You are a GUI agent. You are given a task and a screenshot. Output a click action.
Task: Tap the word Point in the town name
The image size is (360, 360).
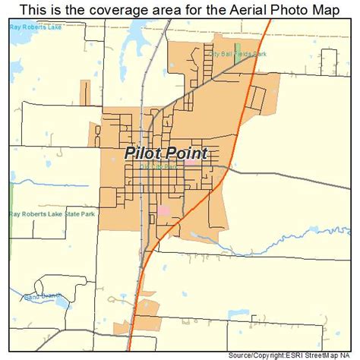click(186, 153)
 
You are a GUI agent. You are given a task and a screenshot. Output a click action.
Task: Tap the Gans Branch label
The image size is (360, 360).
click(41, 297)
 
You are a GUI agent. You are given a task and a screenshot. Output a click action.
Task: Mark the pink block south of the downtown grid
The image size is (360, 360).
click(163, 209)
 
